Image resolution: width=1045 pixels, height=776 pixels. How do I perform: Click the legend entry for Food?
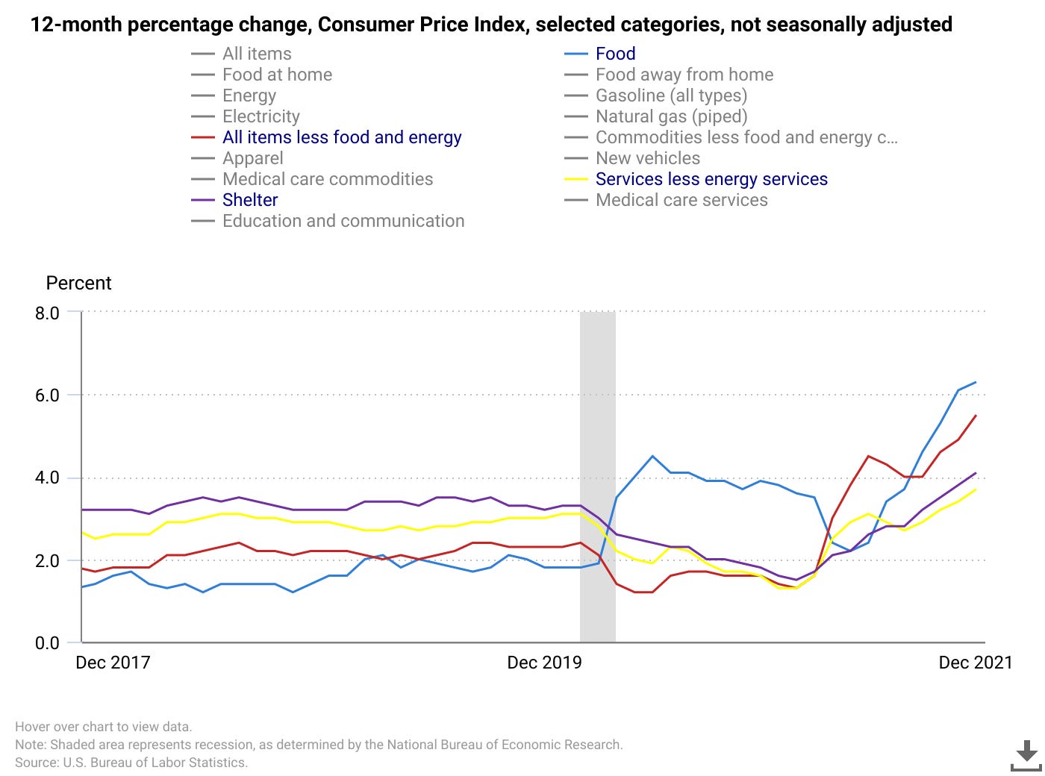click(x=615, y=54)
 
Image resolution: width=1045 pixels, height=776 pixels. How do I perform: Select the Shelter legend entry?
click(x=249, y=200)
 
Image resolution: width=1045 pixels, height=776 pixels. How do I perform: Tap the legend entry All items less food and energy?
click(x=341, y=137)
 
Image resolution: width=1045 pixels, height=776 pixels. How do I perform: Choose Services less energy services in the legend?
click(x=711, y=179)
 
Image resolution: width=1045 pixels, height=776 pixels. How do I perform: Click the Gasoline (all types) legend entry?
click(x=671, y=96)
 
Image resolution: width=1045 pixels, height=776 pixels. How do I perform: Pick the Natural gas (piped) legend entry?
click(x=671, y=116)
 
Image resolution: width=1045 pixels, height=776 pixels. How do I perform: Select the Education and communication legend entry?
click(x=343, y=221)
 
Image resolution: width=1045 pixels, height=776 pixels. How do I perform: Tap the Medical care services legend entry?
click(x=681, y=200)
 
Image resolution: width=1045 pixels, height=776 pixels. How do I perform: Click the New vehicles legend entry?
click(x=647, y=158)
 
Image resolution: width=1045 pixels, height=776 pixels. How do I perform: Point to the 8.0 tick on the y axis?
click(x=47, y=313)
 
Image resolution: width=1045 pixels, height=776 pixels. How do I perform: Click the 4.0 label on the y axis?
click(x=47, y=478)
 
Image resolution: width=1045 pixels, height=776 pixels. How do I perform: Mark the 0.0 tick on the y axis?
click(x=47, y=643)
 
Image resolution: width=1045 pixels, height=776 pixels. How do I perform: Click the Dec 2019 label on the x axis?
click(x=544, y=663)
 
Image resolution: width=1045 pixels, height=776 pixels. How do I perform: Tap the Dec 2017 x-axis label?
click(x=113, y=663)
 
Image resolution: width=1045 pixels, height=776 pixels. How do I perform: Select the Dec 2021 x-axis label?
click(x=975, y=663)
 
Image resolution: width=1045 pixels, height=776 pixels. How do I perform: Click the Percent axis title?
click(x=78, y=283)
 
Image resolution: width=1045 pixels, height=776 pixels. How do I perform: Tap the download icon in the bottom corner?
click(x=1026, y=755)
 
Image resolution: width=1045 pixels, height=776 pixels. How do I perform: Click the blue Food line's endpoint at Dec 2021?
click(x=976, y=383)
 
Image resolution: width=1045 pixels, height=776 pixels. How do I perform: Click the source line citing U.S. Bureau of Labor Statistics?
click(x=131, y=763)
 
